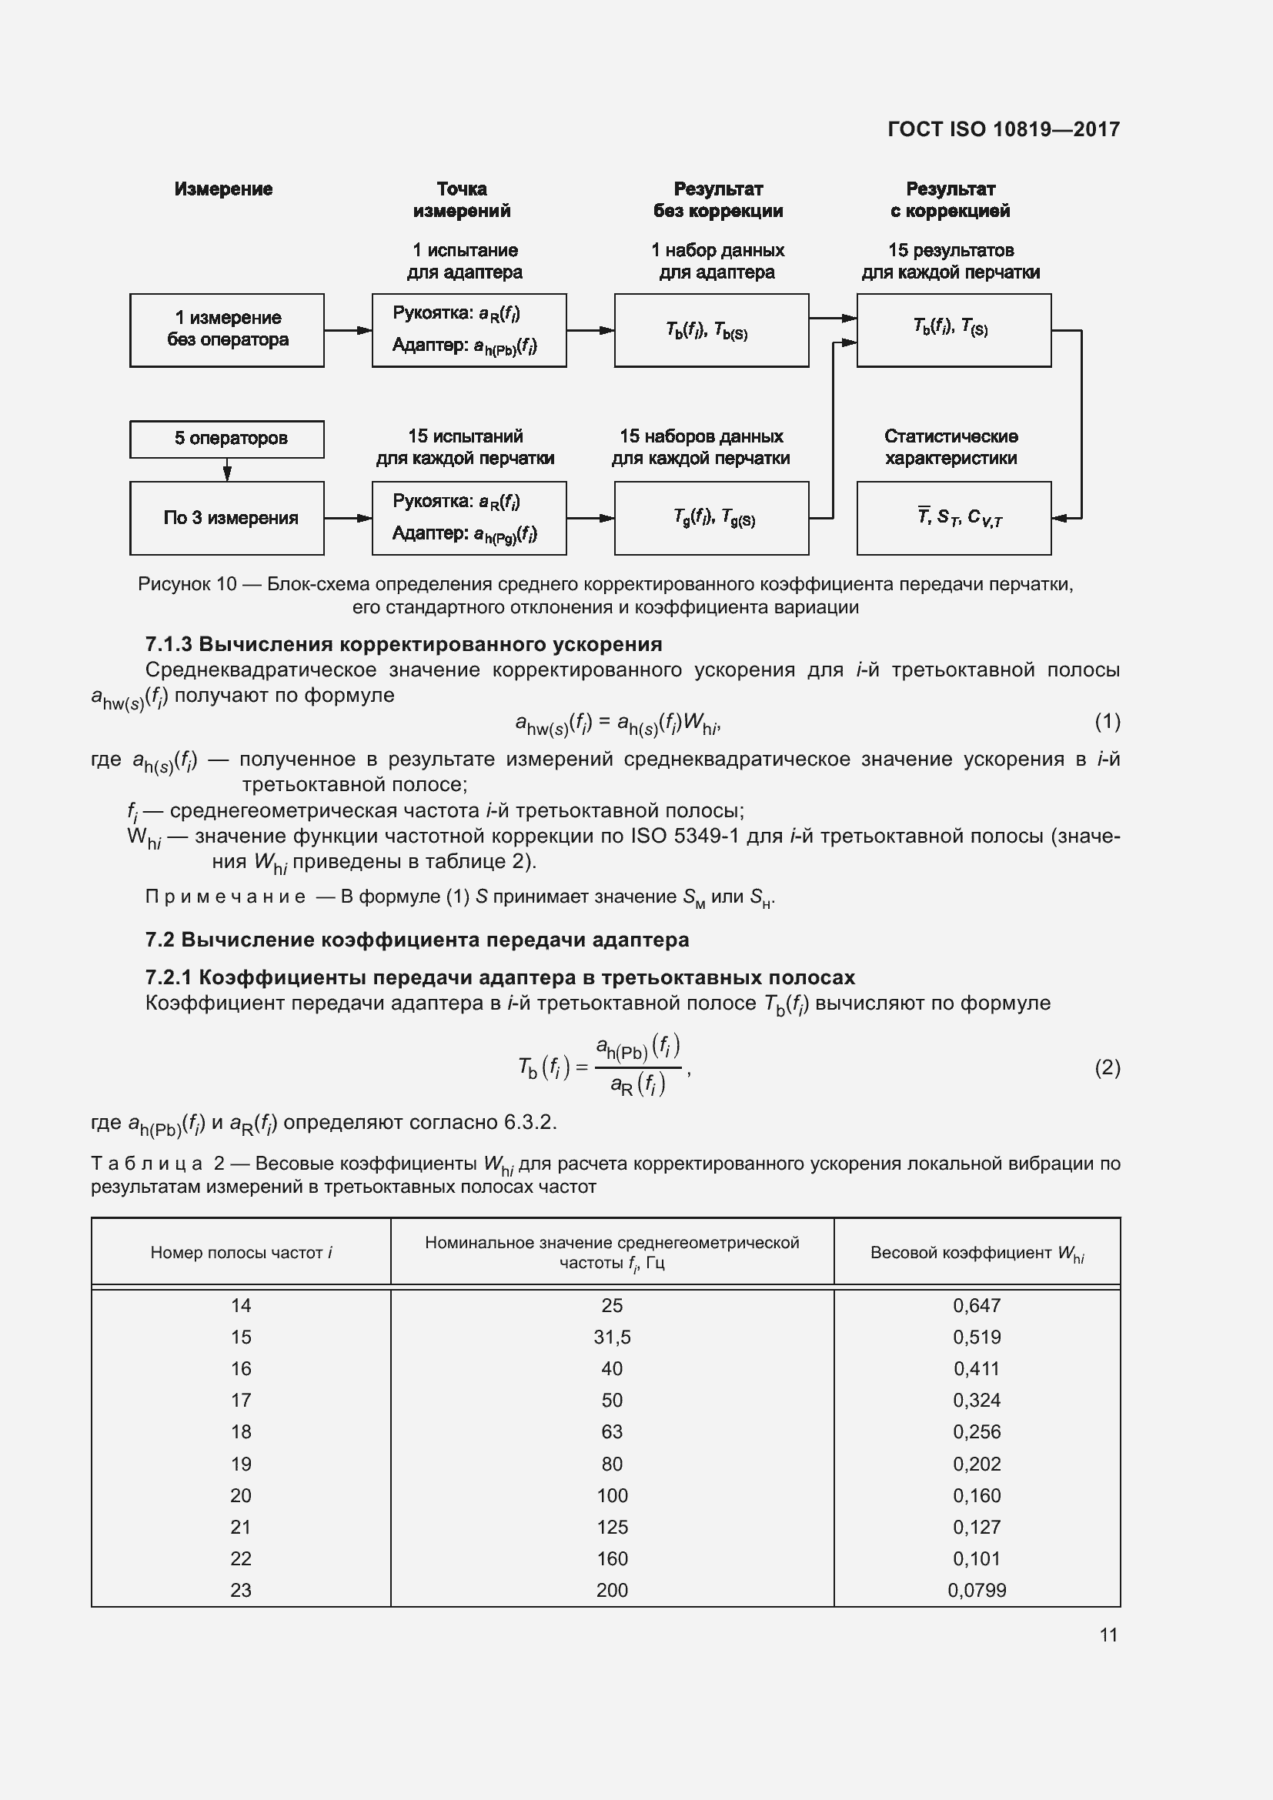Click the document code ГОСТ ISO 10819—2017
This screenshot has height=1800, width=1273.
[x=1004, y=129]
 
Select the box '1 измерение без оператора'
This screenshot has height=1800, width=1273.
[x=226, y=330]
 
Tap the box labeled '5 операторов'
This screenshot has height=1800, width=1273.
[x=226, y=439]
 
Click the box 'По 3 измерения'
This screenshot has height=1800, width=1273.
[x=226, y=518]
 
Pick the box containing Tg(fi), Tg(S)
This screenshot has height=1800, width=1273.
[x=711, y=518]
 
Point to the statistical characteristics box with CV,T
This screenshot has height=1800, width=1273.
[x=953, y=518]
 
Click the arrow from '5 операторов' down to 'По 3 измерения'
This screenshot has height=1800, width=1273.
[x=227, y=469]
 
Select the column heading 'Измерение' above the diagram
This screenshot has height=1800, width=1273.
[x=223, y=189]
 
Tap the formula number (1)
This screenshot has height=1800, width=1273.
[x=1107, y=721]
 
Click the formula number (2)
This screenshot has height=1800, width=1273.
[x=1107, y=1068]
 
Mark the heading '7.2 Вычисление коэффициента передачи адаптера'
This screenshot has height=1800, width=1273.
[x=417, y=940]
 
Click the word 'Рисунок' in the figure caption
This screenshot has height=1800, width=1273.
[x=174, y=584]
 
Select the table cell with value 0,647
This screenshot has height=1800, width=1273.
[x=977, y=1305]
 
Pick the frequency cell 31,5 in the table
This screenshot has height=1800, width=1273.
[x=611, y=1337]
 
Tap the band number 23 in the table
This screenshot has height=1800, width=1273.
[x=241, y=1590]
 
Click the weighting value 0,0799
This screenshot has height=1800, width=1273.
[x=977, y=1590]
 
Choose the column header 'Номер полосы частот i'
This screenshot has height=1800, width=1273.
[x=241, y=1252]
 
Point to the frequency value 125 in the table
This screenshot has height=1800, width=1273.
[x=611, y=1526]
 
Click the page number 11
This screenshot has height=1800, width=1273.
[x=1108, y=1635]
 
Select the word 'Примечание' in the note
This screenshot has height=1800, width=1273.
[x=226, y=897]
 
